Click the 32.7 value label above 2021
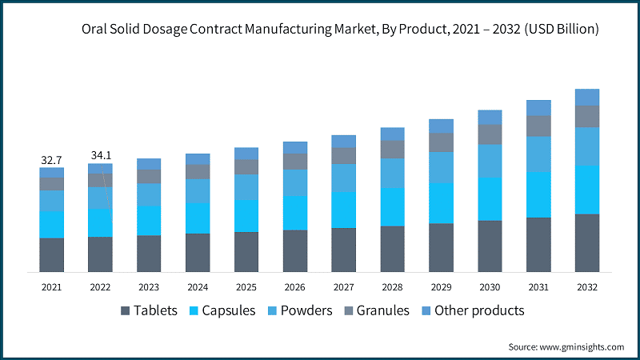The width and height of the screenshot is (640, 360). pyautogui.click(x=52, y=160)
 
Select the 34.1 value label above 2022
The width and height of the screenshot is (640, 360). pyautogui.click(x=100, y=154)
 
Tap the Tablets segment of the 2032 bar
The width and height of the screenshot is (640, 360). pyautogui.click(x=587, y=243)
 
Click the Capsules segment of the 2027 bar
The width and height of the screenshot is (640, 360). pyautogui.click(x=344, y=210)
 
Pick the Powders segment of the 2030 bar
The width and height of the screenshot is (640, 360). pyautogui.click(x=490, y=161)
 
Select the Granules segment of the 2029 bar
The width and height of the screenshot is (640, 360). pyautogui.click(x=441, y=142)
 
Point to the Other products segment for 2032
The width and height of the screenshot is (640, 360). pyautogui.click(x=587, y=97)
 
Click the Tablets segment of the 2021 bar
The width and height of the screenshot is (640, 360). pyautogui.click(x=52, y=254)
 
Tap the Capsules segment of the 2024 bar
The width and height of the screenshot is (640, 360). pyautogui.click(x=198, y=218)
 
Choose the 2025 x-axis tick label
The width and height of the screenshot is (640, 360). pyautogui.click(x=246, y=286)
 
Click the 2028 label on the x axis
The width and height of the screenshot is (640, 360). pyautogui.click(x=392, y=286)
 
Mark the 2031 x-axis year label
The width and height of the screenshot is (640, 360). pyautogui.click(x=538, y=286)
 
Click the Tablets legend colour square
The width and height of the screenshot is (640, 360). pyautogui.click(x=126, y=310)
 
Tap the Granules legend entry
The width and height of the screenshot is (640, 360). pyautogui.click(x=383, y=310)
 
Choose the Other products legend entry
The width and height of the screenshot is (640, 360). pyautogui.click(x=478, y=310)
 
